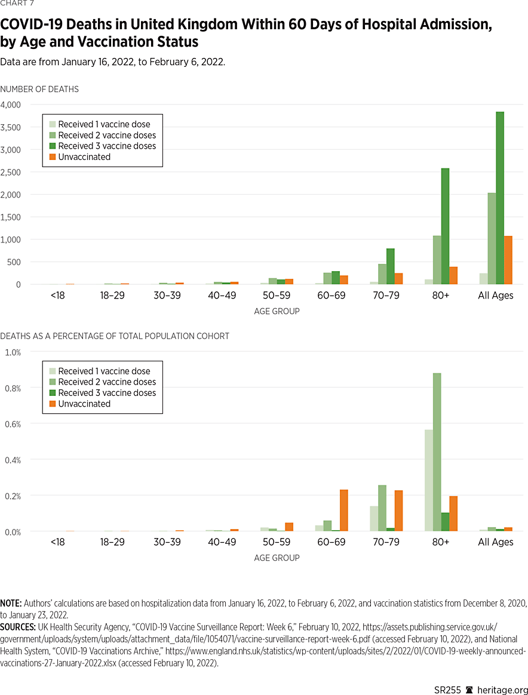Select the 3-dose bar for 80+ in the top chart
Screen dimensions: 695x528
[445, 226]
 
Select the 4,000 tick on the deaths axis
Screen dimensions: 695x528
[11, 104]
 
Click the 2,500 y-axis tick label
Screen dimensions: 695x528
[11, 172]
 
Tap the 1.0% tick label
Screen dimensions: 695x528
[13, 352]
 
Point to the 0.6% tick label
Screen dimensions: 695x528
[13, 424]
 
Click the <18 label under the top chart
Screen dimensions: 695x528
[57, 296]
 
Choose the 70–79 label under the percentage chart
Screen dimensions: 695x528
[386, 542]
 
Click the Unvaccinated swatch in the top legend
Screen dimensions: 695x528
[52, 157]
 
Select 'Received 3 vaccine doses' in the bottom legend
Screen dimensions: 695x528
[107, 393]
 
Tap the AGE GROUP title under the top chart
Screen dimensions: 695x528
[277, 311]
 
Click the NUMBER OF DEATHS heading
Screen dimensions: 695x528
[39, 89]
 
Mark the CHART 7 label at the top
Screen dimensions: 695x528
[17, 5]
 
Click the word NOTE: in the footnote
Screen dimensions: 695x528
[11, 604]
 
